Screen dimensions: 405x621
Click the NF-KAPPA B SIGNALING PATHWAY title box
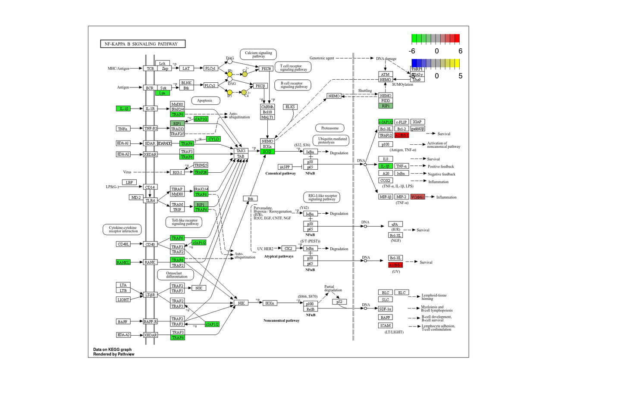[x=142, y=44]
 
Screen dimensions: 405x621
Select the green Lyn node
[x=162, y=93]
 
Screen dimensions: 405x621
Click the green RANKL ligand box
[x=123, y=262]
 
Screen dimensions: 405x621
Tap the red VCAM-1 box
[x=417, y=197]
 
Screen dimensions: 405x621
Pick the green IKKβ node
[x=267, y=152]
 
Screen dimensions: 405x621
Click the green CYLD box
[x=213, y=139]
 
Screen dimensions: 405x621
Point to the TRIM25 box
[x=201, y=165]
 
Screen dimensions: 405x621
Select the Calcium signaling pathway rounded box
[x=258, y=54]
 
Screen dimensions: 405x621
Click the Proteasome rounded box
[x=330, y=128]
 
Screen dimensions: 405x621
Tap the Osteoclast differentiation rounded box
[x=174, y=275]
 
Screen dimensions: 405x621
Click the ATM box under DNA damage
[x=385, y=75]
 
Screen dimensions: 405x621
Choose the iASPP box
[x=285, y=167]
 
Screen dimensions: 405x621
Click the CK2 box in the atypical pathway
[x=289, y=249]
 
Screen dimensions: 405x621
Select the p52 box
[x=339, y=302]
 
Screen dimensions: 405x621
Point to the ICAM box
[x=386, y=326]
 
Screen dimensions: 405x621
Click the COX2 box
[x=385, y=181]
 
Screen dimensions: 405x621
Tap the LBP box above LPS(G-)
[x=129, y=182]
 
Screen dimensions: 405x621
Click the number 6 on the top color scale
[x=460, y=51]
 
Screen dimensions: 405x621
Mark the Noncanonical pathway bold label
[x=281, y=321]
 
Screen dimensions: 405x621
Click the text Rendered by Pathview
[x=113, y=354]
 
